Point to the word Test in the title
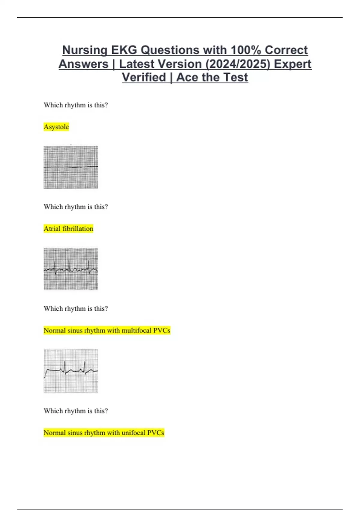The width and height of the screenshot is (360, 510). pyautogui.click(x=235, y=77)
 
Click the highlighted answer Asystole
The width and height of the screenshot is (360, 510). pyautogui.click(x=56, y=127)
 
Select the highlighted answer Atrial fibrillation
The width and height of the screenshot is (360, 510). pyautogui.click(x=68, y=229)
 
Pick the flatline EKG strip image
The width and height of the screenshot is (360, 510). pyautogui.click(x=71, y=167)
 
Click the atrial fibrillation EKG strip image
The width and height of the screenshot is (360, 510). pyautogui.click(x=71, y=269)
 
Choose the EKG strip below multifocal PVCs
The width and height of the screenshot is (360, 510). pyautogui.click(x=71, y=371)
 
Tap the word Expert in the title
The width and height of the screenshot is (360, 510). pyautogui.click(x=293, y=64)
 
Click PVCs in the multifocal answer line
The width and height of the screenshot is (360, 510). pyautogui.click(x=162, y=330)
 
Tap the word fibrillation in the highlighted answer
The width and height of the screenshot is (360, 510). pyautogui.click(x=78, y=229)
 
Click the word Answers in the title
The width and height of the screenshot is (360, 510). pyautogui.click(x=83, y=64)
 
